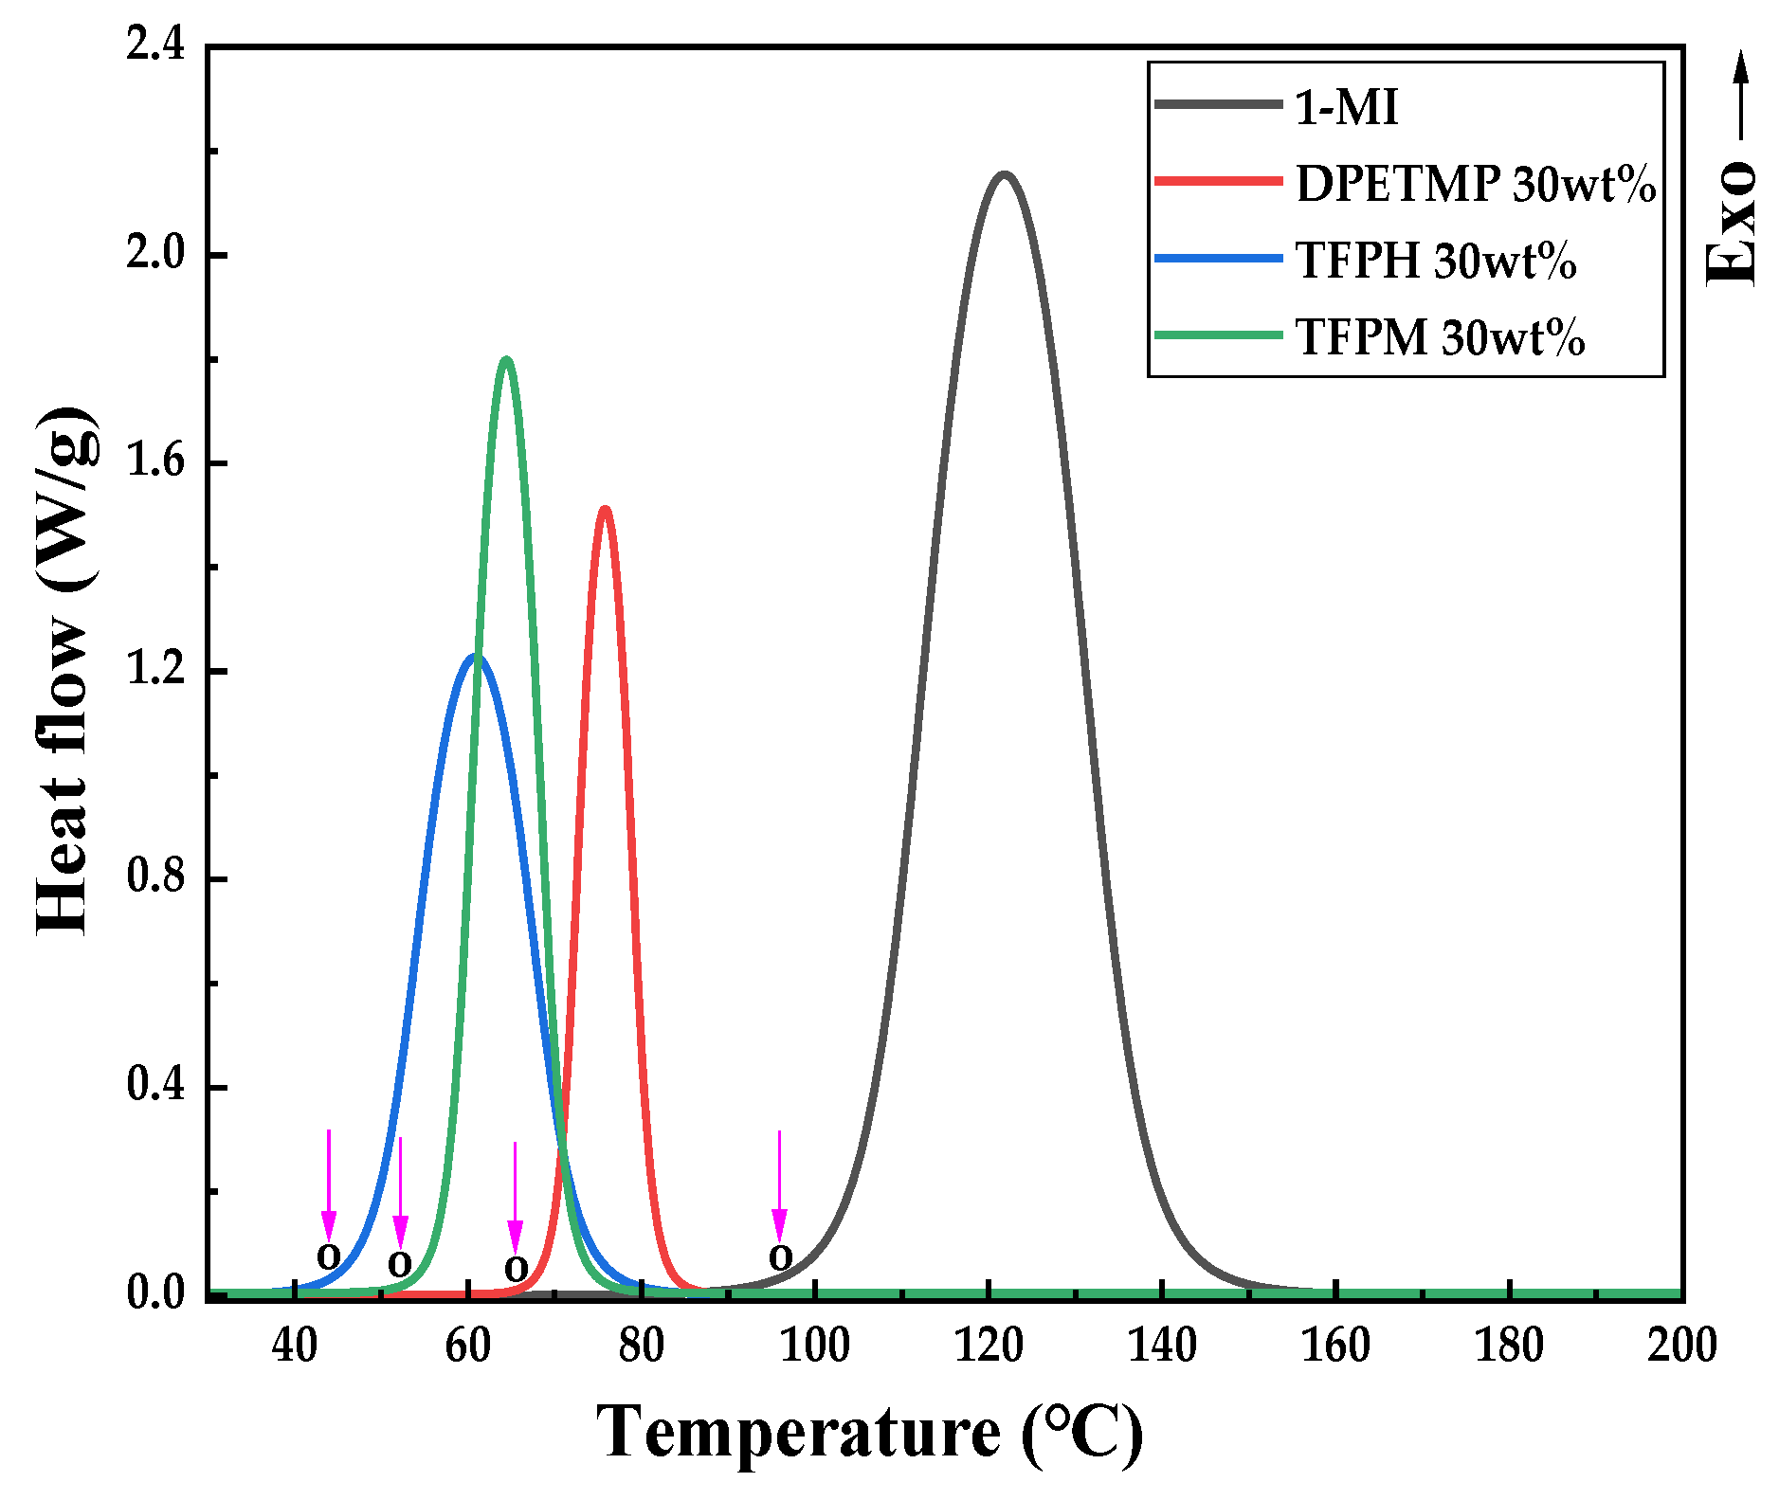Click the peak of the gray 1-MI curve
click(1004, 175)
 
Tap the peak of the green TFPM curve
click(506, 360)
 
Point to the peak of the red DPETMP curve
click(605, 510)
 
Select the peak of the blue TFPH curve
click(474, 657)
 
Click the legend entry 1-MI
click(1346, 106)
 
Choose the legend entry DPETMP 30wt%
click(1475, 183)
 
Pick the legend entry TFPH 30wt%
click(1435, 260)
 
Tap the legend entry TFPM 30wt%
click(1439, 336)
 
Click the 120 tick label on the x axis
click(989, 1346)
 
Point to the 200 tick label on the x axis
click(1681, 1346)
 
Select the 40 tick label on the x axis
click(295, 1346)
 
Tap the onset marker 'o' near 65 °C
click(516, 1268)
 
